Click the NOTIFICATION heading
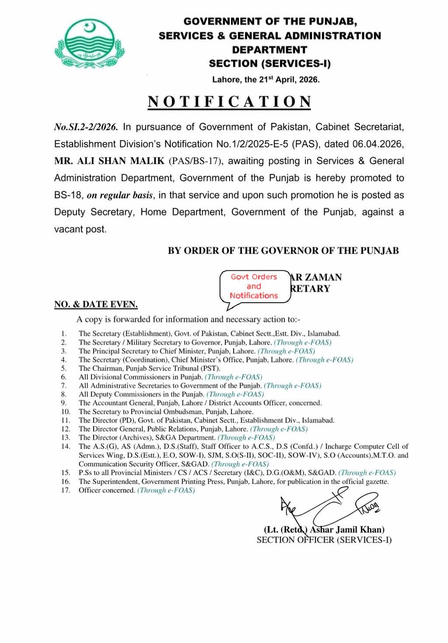click(x=230, y=101)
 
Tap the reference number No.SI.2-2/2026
click(x=86, y=127)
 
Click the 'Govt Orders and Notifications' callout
click(x=255, y=287)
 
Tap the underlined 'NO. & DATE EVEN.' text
click(x=96, y=304)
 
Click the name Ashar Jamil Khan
click(x=347, y=530)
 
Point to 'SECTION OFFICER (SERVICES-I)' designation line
click(x=324, y=540)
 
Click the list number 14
click(x=66, y=447)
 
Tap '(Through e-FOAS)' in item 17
click(x=166, y=490)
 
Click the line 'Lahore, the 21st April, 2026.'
click(x=266, y=80)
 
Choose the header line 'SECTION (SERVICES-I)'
click(x=269, y=64)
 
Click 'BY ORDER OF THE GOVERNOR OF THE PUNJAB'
click(x=283, y=251)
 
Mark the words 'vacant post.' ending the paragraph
click(x=80, y=229)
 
